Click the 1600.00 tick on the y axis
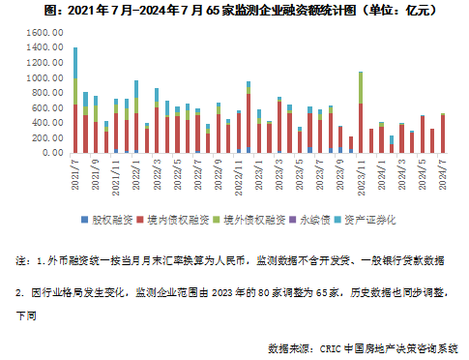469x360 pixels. point(44,33)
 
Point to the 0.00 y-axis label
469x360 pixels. point(53,152)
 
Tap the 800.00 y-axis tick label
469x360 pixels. point(47,93)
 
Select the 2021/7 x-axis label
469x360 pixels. point(75,174)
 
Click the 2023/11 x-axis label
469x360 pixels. point(362,178)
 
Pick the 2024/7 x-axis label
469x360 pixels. point(443,175)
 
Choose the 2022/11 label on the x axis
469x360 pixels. point(239,178)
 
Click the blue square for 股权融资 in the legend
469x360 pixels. point(85,220)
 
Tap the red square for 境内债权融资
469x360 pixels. point(140,220)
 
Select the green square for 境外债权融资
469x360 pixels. point(217,220)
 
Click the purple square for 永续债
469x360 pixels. point(293,220)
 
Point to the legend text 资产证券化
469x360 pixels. point(370,220)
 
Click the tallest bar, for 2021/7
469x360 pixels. point(75,101)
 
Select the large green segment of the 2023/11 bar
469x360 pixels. point(361,88)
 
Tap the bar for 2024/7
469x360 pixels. point(443,134)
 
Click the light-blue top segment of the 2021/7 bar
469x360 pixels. point(75,63)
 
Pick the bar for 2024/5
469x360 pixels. point(423,135)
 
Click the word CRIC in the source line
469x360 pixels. point(331,349)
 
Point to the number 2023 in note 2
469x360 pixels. point(222,292)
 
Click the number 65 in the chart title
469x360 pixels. point(212,11)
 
